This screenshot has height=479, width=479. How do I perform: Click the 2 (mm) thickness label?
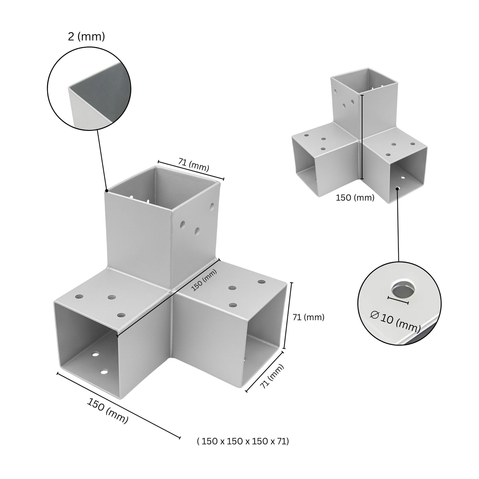click(x=86, y=36)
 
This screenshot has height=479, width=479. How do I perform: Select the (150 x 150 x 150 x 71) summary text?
click(x=243, y=441)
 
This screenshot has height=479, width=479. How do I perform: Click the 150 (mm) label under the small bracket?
click(x=355, y=198)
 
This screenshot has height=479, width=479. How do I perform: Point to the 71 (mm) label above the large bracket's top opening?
click(x=194, y=165)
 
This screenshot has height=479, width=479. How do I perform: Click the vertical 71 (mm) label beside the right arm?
click(x=308, y=317)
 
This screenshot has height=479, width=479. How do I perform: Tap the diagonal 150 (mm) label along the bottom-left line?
click(x=107, y=410)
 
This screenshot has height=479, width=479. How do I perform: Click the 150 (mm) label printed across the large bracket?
click(x=204, y=280)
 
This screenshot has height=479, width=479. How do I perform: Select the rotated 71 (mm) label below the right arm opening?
click(x=272, y=376)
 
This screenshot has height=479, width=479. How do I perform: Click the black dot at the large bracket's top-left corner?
click(x=106, y=191)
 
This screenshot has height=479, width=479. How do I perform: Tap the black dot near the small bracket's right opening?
click(x=397, y=188)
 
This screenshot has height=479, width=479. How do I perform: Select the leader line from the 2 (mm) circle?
click(x=102, y=159)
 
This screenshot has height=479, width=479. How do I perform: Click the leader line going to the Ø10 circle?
click(x=398, y=225)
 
